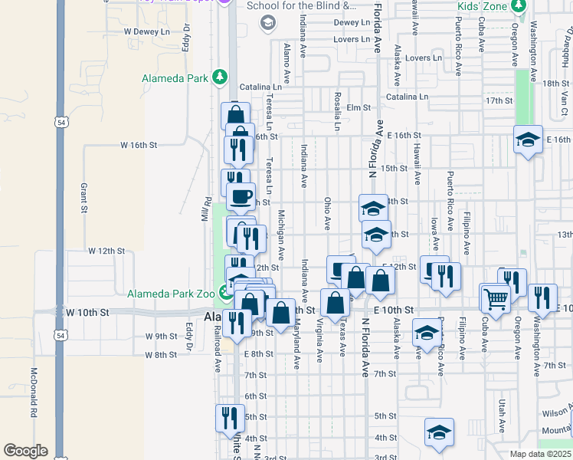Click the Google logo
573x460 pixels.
tap(25, 451)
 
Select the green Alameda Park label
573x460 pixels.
tap(176, 77)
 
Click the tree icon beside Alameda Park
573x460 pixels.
tap(220, 77)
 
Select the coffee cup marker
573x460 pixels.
tap(241, 195)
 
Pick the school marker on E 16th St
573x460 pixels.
tap(528, 140)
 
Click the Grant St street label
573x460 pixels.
tap(83, 198)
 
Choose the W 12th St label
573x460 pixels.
tap(106, 251)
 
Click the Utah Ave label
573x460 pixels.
tap(503, 414)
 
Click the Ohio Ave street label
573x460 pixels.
tap(327, 213)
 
